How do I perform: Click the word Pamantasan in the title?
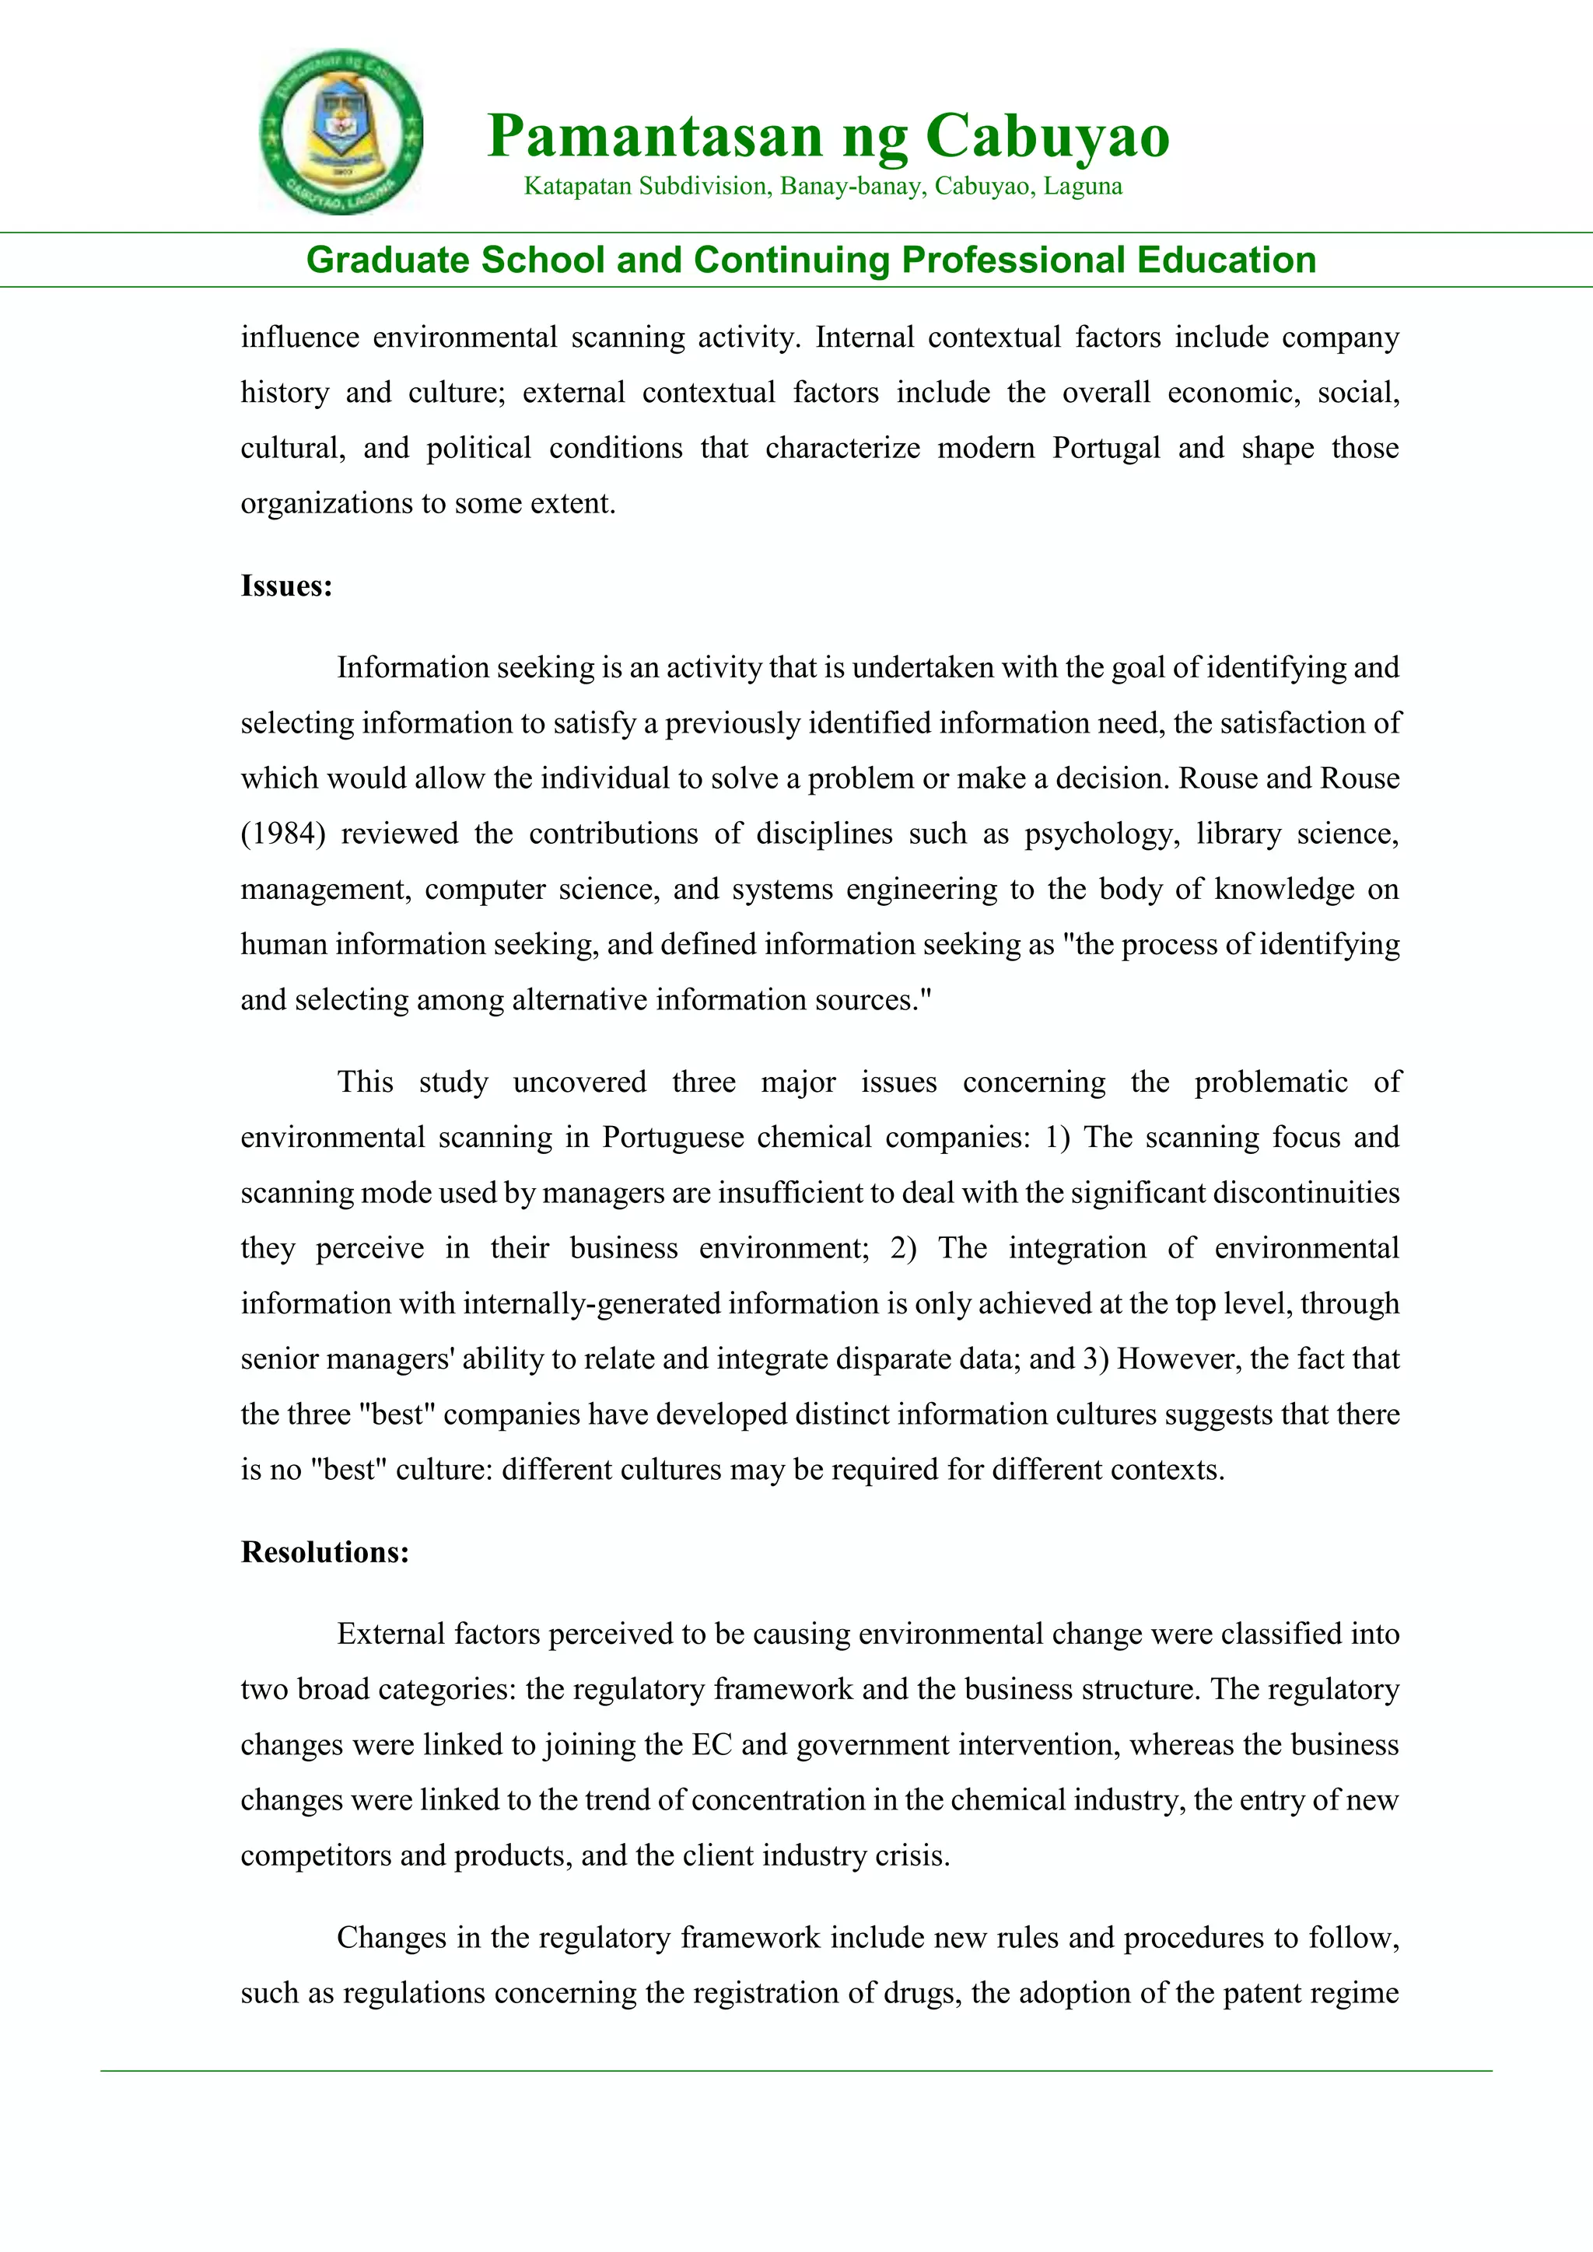point(653,135)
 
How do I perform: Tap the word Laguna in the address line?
point(1083,187)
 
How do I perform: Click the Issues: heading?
point(286,586)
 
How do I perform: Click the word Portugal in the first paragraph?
point(1107,448)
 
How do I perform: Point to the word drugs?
point(920,1993)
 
